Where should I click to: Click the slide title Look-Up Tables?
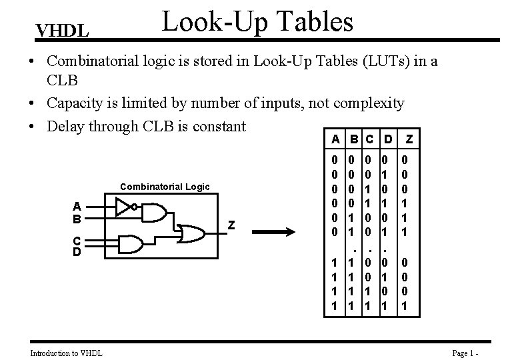258,21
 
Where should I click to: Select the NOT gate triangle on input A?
123,207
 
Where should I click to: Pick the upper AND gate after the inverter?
155,212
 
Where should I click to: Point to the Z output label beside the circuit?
231,225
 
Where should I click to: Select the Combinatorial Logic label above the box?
165,187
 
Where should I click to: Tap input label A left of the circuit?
78,206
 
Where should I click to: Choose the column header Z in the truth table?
409,140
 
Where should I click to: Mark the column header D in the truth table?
386,140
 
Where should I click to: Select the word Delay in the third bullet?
65,125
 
